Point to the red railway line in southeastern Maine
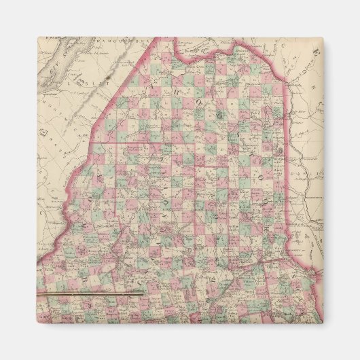[x=272, y=262]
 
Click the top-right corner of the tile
[x=325, y=37]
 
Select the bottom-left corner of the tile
[x=35, y=323]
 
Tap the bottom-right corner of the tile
[x=325, y=323]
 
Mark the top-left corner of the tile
[x=35, y=37]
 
